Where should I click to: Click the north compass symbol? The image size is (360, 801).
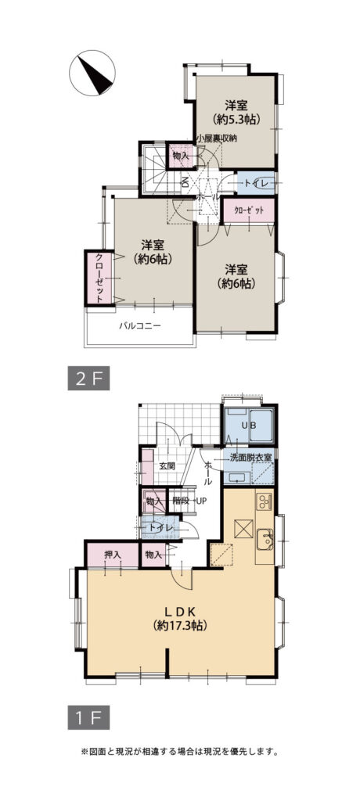[x=92, y=73]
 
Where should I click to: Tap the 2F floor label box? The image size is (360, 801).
[x=88, y=379]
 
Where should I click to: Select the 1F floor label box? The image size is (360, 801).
[x=88, y=718]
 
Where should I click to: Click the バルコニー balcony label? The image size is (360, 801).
[x=139, y=325]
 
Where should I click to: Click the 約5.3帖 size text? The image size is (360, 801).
[x=237, y=120]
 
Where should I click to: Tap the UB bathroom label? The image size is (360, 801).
[x=249, y=426]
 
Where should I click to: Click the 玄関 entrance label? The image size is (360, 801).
[x=167, y=466]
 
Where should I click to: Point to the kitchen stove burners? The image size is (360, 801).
[x=264, y=501]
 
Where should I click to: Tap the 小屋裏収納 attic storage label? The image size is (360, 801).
[x=217, y=138]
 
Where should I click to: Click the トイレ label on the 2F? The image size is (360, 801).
[x=254, y=183]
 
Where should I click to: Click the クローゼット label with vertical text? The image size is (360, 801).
[x=99, y=278]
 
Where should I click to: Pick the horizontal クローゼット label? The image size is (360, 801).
[x=250, y=210]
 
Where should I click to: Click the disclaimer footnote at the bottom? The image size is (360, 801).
[x=179, y=752]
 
